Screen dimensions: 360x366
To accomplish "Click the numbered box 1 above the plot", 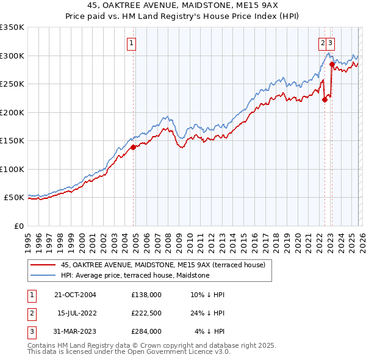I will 131,43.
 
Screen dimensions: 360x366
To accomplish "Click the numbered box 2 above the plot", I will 322,43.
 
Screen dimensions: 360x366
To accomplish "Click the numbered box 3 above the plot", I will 330,43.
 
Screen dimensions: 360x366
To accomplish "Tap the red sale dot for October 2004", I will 133,147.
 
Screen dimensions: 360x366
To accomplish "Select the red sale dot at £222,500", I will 325,100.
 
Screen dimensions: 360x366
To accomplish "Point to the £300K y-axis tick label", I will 12,56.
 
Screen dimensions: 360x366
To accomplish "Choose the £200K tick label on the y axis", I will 12,112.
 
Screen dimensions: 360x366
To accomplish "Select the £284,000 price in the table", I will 146,331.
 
